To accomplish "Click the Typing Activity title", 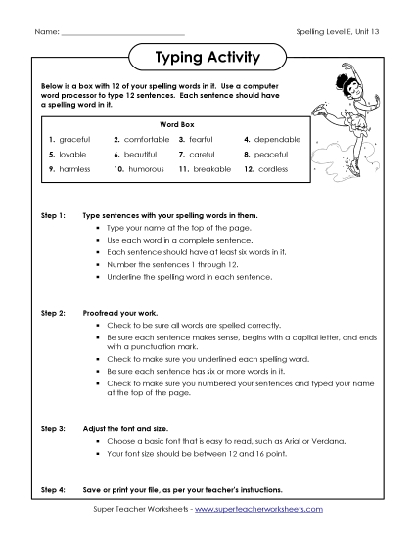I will click(x=208, y=58).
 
